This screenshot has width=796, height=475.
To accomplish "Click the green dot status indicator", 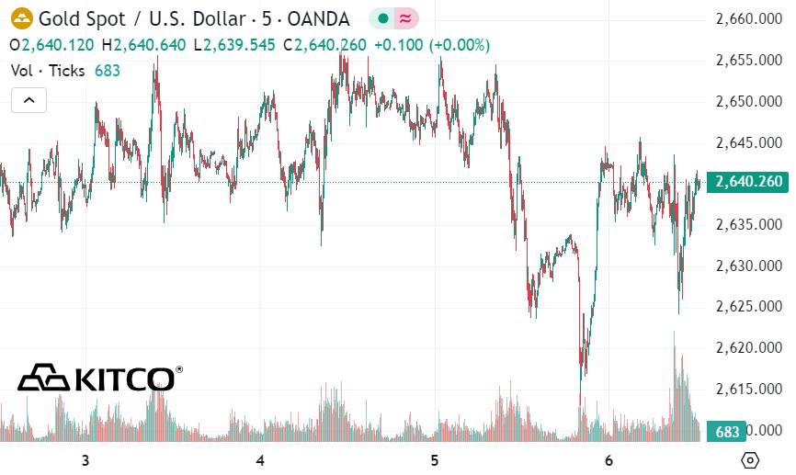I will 383,18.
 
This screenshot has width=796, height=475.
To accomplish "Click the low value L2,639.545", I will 233,44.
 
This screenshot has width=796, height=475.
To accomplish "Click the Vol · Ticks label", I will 48,70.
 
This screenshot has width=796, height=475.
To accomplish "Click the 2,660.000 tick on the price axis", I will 749,19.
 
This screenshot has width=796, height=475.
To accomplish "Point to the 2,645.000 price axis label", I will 749,142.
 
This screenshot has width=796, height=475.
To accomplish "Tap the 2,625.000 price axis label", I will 749,307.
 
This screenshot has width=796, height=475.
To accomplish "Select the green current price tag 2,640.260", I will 749,182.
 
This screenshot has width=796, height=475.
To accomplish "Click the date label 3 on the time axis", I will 85,460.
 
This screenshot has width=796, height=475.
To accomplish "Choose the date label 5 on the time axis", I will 434,460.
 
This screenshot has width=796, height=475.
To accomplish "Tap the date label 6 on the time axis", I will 608,460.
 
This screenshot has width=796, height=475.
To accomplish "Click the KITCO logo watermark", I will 97,378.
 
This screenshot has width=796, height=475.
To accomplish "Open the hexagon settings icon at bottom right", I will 750,460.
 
